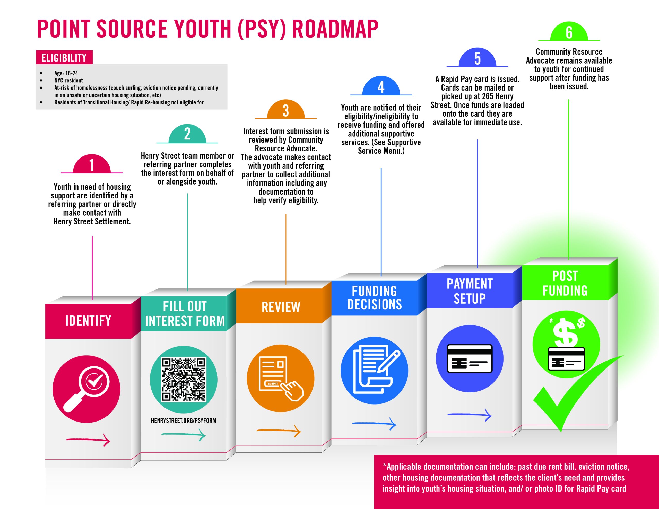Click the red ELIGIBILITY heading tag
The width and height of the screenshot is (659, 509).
[64, 58]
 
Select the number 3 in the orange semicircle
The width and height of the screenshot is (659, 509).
[286, 111]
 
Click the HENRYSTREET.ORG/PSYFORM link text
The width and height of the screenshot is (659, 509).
[184, 420]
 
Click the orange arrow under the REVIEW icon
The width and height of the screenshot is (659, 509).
[279, 431]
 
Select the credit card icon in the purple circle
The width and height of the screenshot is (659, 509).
[470, 359]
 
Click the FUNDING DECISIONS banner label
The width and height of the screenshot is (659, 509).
[375, 298]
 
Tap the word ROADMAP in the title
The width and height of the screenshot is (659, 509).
[335, 29]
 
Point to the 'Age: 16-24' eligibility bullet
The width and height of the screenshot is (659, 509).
[66, 73]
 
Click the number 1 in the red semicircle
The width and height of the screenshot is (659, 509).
[92, 165]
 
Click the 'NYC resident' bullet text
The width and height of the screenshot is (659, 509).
[68, 81]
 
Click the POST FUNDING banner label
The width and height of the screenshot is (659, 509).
[565, 283]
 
